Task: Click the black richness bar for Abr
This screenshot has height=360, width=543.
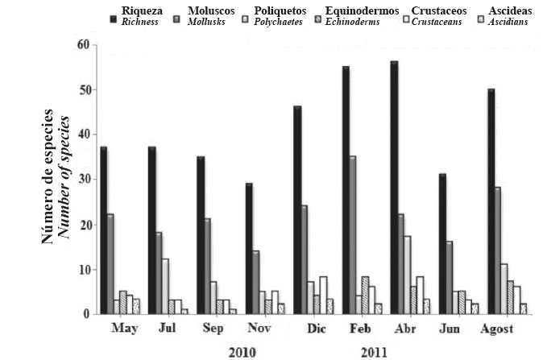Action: pyautogui.click(x=394, y=188)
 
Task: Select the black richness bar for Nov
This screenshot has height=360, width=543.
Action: pyautogui.click(x=249, y=249)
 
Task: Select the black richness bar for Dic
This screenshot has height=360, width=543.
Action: pyautogui.click(x=297, y=210)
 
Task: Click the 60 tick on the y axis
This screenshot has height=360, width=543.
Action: pyautogui.click(x=83, y=44)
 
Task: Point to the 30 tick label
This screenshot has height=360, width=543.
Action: pyautogui.click(x=83, y=180)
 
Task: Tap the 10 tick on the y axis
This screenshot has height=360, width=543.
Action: pyautogui.click(x=83, y=270)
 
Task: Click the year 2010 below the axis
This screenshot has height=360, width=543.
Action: pyautogui.click(x=242, y=351)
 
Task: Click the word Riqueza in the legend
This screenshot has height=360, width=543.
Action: pyautogui.click(x=143, y=10)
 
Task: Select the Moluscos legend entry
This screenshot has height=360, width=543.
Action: pyautogui.click(x=210, y=10)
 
